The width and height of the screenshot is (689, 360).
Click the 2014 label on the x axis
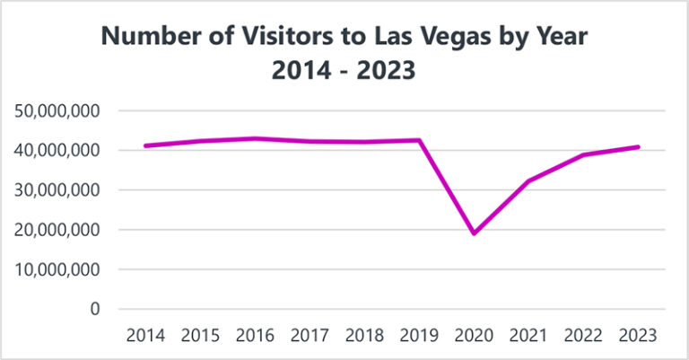(x=144, y=336)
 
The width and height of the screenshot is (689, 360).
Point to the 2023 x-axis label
(x=638, y=336)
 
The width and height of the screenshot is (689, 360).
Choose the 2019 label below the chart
(x=419, y=336)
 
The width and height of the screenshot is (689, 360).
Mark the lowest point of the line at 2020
(x=474, y=233)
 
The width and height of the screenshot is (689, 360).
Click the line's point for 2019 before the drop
(x=420, y=140)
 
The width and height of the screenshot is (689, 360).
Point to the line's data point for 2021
(x=528, y=181)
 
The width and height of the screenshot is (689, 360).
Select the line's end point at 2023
(x=638, y=146)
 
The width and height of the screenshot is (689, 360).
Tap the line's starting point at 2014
(x=144, y=145)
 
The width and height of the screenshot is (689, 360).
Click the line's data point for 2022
(x=583, y=155)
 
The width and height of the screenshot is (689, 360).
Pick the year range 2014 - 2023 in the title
(x=344, y=70)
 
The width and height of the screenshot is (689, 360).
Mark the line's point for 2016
(x=255, y=138)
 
